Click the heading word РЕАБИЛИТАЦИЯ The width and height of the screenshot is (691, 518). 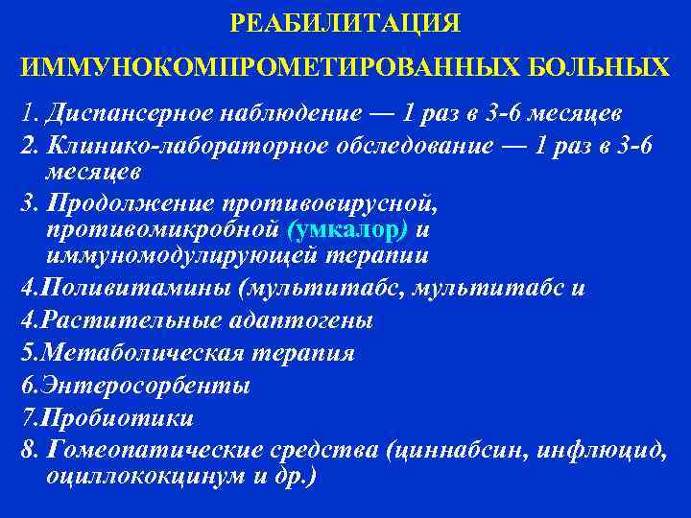(345, 22)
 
